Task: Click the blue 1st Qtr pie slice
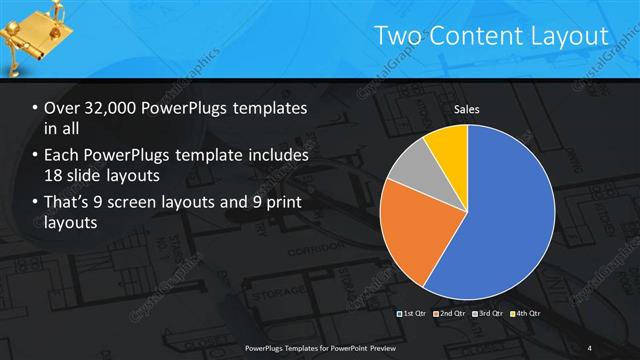tap(510, 220)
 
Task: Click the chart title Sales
tap(467, 109)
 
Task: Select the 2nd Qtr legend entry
tap(452, 314)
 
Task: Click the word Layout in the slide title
tap(571, 37)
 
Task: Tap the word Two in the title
tap(397, 37)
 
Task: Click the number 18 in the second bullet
tap(55, 177)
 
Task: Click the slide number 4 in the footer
tap(589, 348)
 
